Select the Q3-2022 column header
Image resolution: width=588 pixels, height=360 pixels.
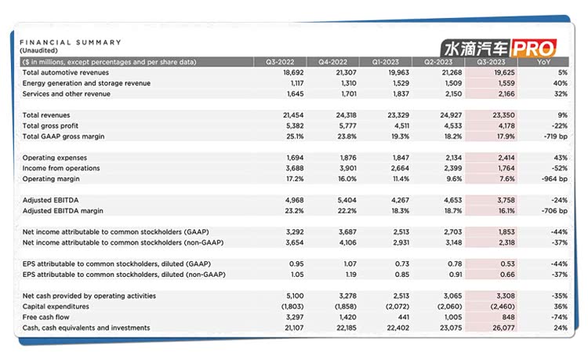click(281, 61)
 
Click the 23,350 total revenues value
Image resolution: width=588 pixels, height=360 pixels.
click(486, 115)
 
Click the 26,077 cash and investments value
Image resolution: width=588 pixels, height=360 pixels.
click(486, 327)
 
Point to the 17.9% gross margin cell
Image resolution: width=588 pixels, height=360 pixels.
click(488, 136)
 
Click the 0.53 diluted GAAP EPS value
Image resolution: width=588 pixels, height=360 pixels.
click(491, 264)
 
